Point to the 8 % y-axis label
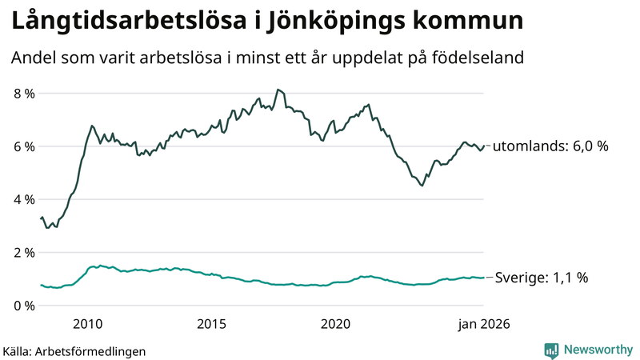coord(24,94)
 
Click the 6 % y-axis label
coord(24,146)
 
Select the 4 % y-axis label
coord(24,199)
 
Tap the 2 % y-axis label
coord(24,253)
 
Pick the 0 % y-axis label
coord(24,306)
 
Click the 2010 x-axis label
coord(88,324)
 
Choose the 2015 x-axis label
coord(212,324)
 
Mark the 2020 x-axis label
coord(336,324)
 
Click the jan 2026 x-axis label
coord(483,324)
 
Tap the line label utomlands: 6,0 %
coord(550,146)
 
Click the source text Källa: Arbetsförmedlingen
coord(74,350)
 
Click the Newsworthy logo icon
coord(551,350)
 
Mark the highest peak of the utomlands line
coord(277,90)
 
